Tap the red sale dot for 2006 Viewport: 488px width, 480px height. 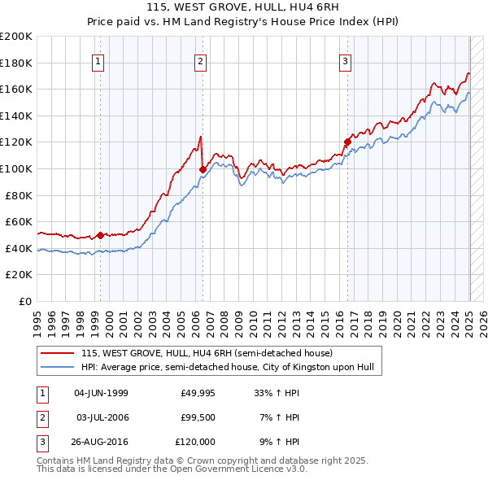point(203,169)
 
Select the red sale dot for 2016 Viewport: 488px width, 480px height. point(347,142)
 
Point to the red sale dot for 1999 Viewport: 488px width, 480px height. point(100,235)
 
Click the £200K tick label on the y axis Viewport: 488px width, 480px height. point(16,37)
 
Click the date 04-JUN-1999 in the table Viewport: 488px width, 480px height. point(101,393)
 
